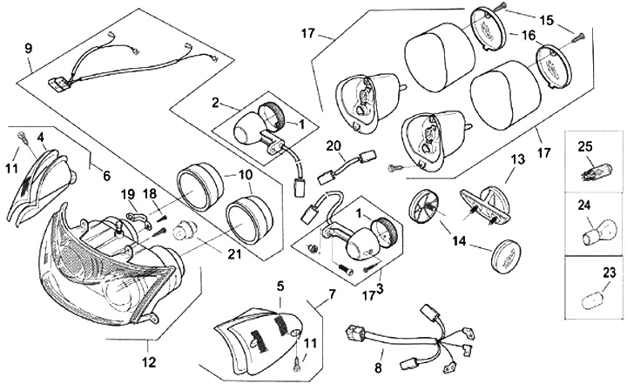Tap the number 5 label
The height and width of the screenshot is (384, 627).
tap(280, 285)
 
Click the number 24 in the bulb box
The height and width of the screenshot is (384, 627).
tap(609, 205)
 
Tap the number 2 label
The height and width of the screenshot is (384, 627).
tap(215, 103)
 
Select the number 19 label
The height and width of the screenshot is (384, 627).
tap(127, 192)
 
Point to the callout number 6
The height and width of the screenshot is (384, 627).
tap(106, 175)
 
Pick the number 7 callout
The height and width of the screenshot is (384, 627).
tap(331, 294)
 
